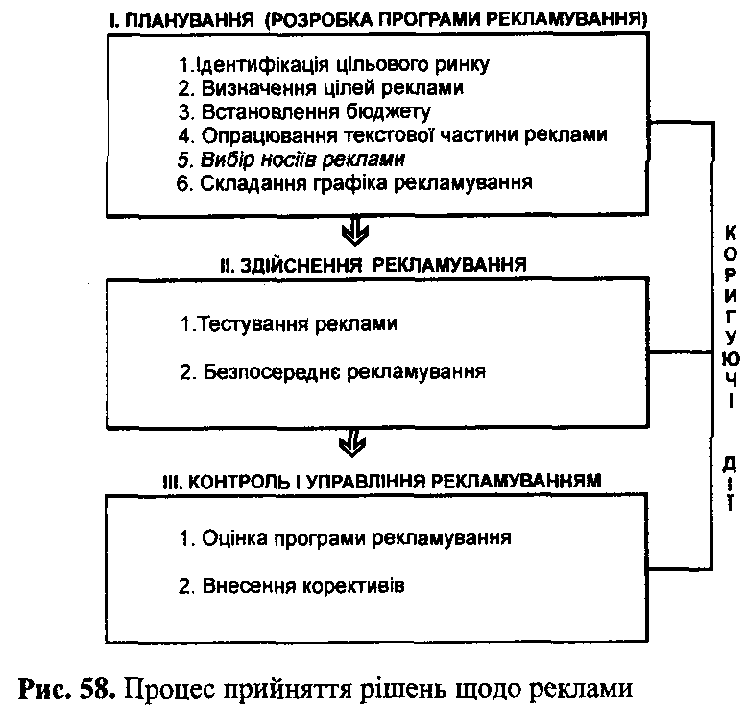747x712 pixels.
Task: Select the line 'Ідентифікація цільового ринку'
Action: pos(335,65)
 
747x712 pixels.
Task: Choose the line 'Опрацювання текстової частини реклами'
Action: pos(393,134)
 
